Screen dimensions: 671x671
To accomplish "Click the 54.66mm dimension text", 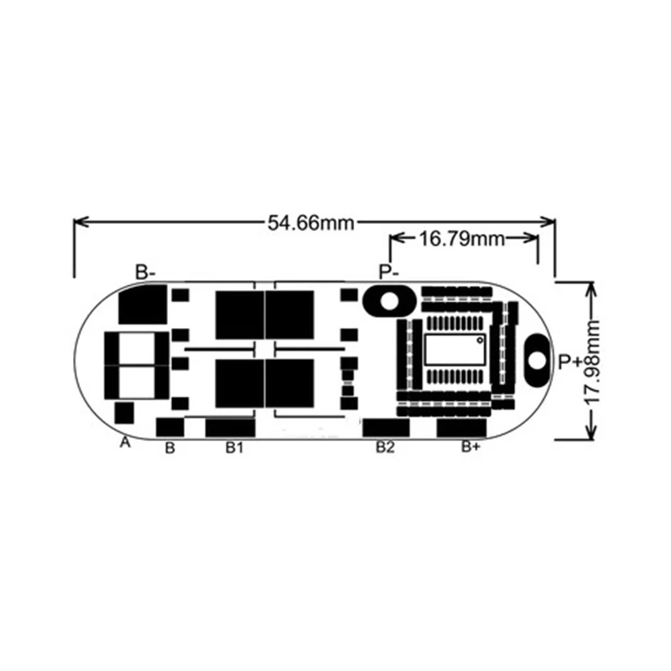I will pyautogui.click(x=310, y=222).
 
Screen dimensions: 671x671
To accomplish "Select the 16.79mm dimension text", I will pyautogui.click(x=461, y=239).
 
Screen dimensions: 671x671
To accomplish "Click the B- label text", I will pyautogui.click(x=146, y=272).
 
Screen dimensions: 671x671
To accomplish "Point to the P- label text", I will pyautogui.click(x=388, y=272).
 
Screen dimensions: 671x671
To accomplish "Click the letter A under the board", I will pyautogui.click(x=126, y=442).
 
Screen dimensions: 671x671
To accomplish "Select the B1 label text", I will pyautogui.click(x=234, y=448).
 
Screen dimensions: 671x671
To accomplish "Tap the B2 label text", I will pyautogui.click(x=384, y=448).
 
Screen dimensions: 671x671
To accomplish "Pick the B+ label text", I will pyautogui.click(x=471, y=448).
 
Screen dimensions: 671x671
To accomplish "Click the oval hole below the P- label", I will pyautogui.click(x=387, y=300).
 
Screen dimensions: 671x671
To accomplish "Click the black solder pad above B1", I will pyautogui.click(x=229, y=427).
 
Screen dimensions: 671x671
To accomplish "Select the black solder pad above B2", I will pyautogui.click(x=385, y=427).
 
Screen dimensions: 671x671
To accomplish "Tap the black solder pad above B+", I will pyautogui.click(x=460, y=427).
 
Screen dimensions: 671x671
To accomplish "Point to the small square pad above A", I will pyautogui.click(x=124, y=413).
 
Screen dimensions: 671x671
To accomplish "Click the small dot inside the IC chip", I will pyautogui.click(x=480, y=341).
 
